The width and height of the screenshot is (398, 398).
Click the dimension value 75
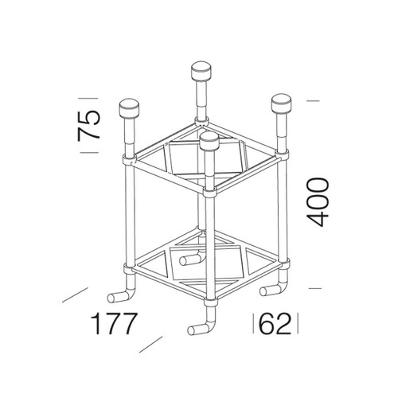point(89,125)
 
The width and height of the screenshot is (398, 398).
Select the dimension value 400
point(318,202)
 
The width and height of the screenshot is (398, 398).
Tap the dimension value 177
point(114,323)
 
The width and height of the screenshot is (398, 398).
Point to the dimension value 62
point(275,323)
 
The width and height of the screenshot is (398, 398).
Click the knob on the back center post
point(201,71)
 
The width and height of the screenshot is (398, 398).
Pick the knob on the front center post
point(209,142)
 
